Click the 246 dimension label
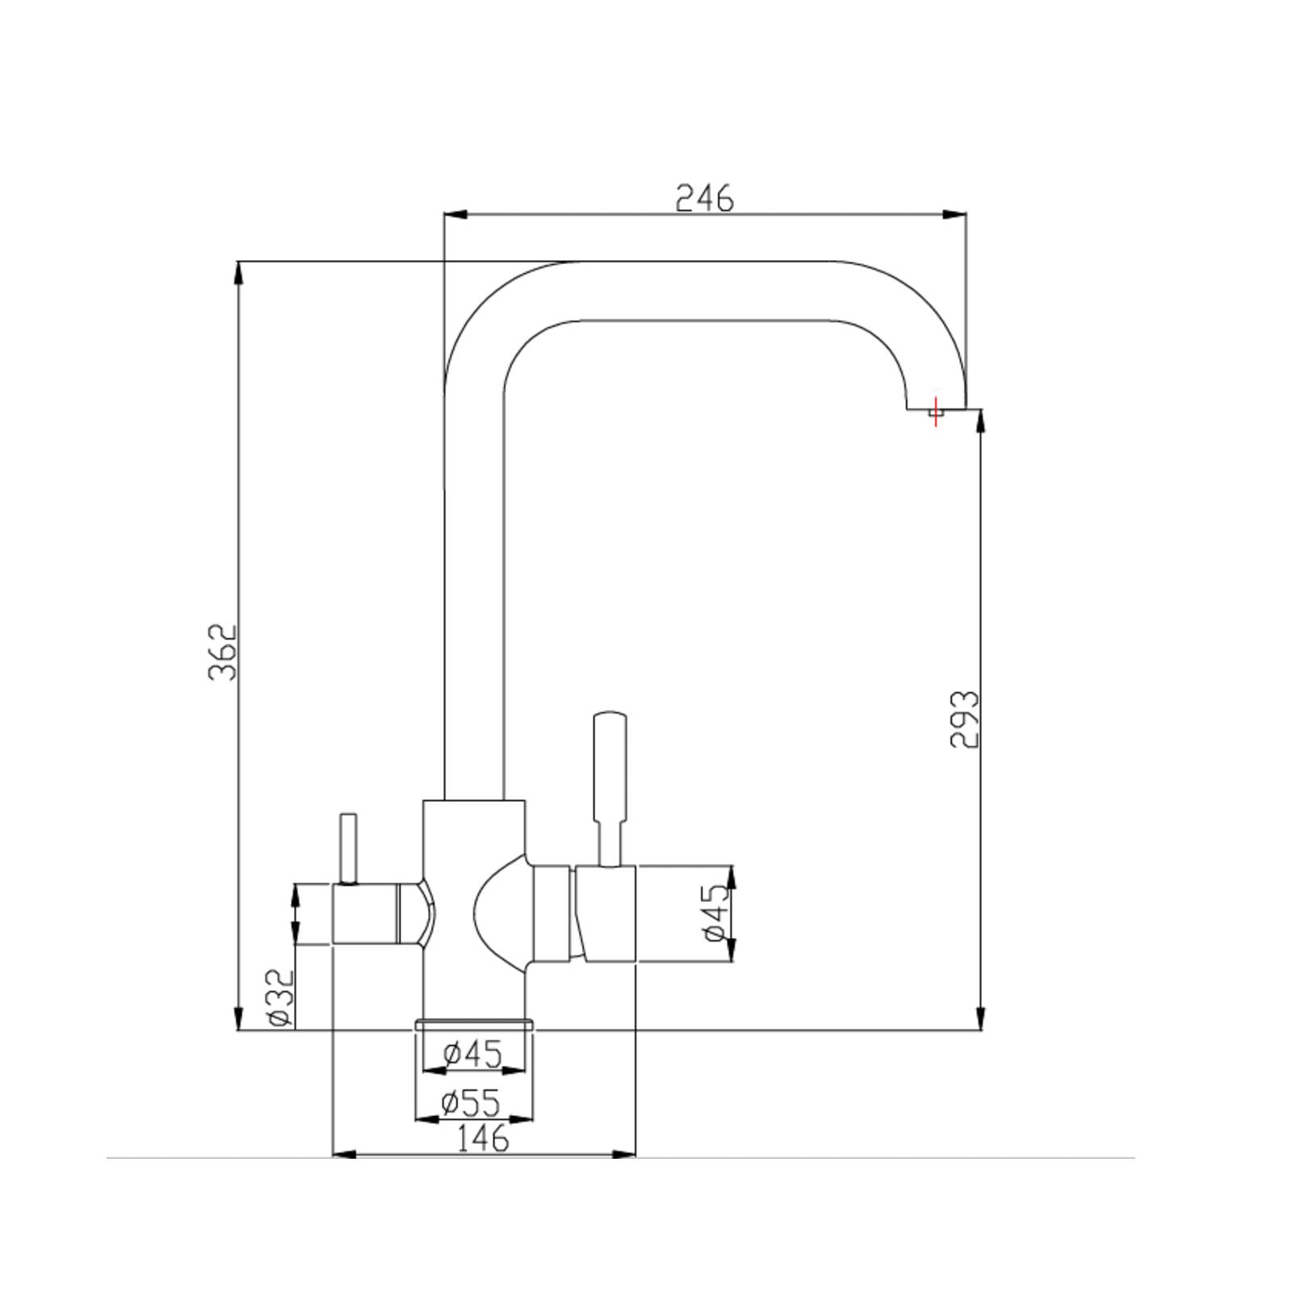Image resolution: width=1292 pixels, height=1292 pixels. click(x=704, y=198)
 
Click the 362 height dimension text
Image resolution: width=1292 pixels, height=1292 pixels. click(x=223, y=652)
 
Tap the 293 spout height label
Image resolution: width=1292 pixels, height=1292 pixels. click(x=963, y=719)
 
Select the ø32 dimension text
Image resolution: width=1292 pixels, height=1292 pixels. click(x=280, y=998)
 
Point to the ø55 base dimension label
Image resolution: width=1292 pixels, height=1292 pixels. click(x=471, y=1102)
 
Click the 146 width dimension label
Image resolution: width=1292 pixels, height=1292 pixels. click(x=483, y=1139)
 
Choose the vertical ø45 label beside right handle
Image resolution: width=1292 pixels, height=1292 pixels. click(x=716, y=912)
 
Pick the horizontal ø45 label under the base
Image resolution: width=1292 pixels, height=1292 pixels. click(x=473, y=1054)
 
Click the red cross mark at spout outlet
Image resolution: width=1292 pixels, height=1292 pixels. click(x=935, y=412)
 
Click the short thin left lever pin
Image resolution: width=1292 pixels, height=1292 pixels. click(x=348, y=848)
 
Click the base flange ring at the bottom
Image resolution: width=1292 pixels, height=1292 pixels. click(x=474, y=1025)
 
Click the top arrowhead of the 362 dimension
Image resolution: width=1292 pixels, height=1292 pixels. click(x=238, y=272)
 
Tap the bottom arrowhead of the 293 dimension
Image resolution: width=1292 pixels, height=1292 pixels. click(x=980, y=1019)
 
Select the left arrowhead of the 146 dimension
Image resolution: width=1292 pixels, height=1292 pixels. click(x=344, y=1155)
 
